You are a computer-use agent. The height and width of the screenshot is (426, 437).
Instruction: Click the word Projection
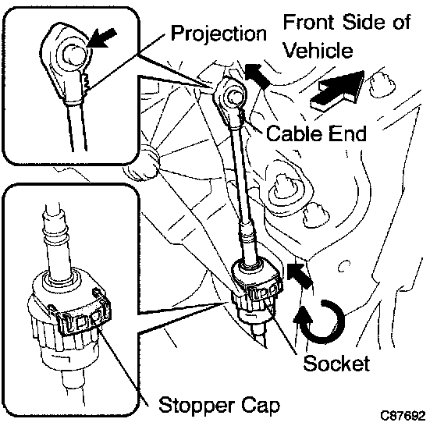[218, 34]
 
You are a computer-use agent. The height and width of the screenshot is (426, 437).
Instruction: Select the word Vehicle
[318, 50]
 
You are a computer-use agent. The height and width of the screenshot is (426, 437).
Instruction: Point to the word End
[347, 133]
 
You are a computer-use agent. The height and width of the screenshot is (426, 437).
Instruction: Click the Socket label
[336, 364]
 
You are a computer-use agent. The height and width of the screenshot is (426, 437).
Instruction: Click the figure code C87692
[403, 416]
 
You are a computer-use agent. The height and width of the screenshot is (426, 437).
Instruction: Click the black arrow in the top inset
[101, 38]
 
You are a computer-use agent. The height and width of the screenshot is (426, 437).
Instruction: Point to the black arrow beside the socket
[300, 275]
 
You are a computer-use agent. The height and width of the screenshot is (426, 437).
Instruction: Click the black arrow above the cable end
[258, 75]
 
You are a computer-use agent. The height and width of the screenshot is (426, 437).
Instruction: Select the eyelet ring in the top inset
[72, 55]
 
